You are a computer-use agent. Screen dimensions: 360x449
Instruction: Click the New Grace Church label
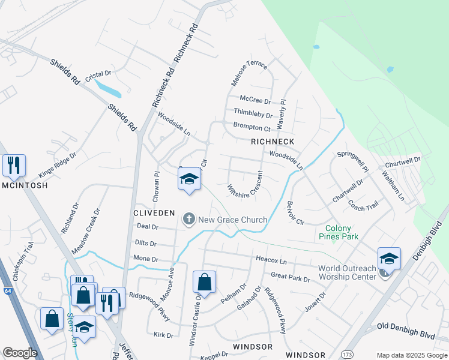pos(232,220)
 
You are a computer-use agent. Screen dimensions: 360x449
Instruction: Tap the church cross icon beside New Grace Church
pos(189,219)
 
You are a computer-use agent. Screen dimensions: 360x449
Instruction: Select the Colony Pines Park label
pos(342,232)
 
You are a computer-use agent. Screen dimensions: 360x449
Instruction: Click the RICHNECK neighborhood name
pos(273,142)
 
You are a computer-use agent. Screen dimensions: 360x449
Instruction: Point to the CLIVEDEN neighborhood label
pos(154,213)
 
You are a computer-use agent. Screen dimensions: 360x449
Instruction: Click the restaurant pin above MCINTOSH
pos(14,165)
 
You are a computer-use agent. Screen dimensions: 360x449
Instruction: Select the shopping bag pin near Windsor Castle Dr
pos(204,282)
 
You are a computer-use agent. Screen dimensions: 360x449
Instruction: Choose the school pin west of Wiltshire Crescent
pos(189,179)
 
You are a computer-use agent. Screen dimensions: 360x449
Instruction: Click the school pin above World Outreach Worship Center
pos(389,259)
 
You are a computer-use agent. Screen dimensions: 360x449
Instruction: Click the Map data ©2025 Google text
pos(411,355)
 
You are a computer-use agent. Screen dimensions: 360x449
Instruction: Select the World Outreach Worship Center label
pos(347,272)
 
